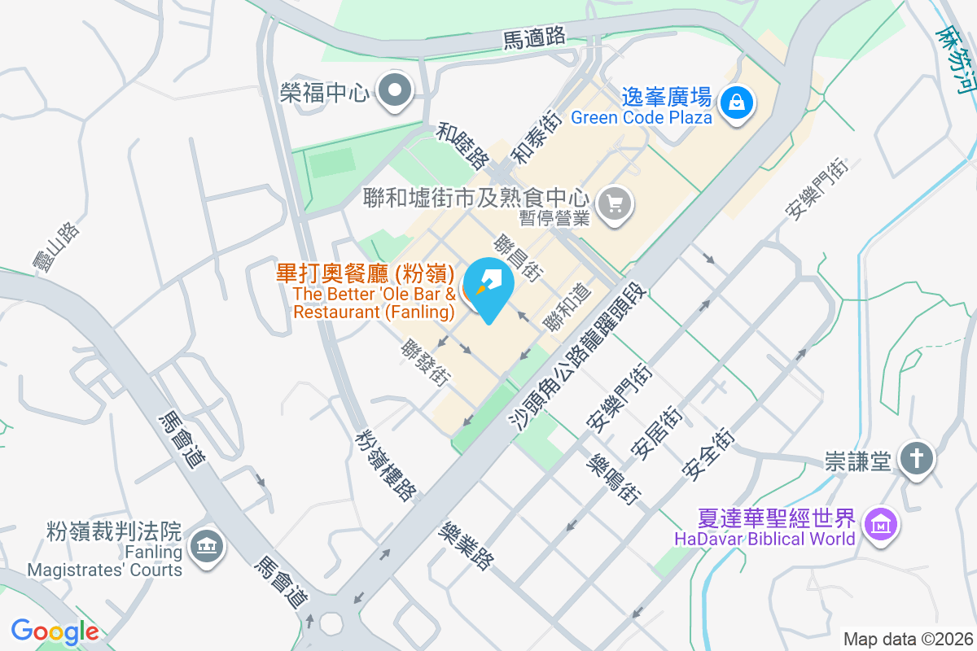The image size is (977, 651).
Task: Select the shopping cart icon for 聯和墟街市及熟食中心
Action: (x=615, y=203)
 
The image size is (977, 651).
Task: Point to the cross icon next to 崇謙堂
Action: (x=917, y=460)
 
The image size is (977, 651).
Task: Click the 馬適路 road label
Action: (x=534, y=37)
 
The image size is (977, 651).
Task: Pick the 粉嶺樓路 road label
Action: (x=386, y=465)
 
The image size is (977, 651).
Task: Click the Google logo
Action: (x=55, y=631)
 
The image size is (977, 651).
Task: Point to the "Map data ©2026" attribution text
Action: (x=908, y=639)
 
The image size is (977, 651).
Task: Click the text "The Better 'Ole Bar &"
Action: (x=374, y=294)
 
